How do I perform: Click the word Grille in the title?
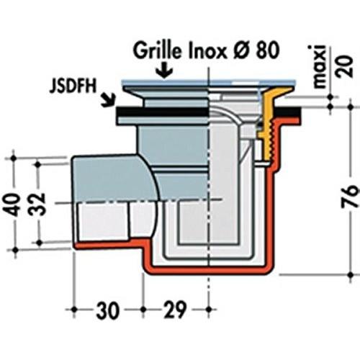click(x=157, y=51)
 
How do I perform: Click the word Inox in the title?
click(x=207, y=51)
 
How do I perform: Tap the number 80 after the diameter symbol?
click(x=267, y=51)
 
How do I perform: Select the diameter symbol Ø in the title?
click(x=241, y=51)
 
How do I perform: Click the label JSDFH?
click(x=73, y=86)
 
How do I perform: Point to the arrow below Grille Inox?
click(x=164, y=70)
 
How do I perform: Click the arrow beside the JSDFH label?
click(x=108, y=100)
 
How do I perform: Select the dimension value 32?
click(x=38, y=204)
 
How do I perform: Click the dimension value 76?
click(x=350, y=197)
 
